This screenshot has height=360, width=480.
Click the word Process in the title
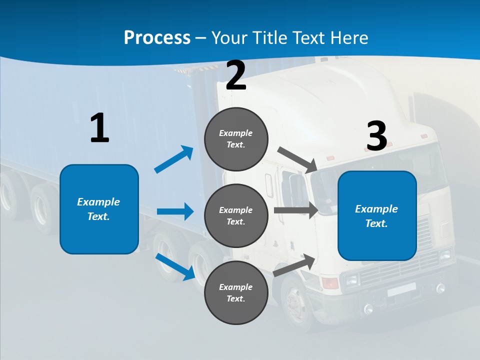(x=157, y=38)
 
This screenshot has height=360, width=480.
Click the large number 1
(x=99, y=128)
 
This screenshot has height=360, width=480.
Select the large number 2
(x=236, y=75)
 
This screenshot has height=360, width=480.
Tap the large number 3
(x=376, y=136)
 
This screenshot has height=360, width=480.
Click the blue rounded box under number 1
(x=99, y=209)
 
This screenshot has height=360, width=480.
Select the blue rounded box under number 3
(x=377, y=216)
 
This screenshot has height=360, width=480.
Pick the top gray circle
(x=236, y=139)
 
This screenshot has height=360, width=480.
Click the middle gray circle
(x=236, y=215)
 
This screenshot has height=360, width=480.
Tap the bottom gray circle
(x=236, y=292)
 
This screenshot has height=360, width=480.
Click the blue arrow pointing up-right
(x=174, y=159)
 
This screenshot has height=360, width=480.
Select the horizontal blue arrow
(x=175, y=211)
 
